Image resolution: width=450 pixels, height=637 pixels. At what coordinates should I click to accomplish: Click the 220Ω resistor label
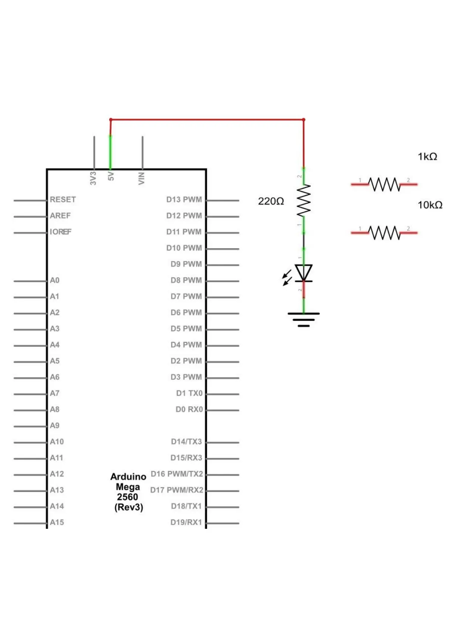(271, 201)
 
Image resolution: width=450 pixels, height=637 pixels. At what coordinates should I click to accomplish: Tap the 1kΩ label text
(427, 157)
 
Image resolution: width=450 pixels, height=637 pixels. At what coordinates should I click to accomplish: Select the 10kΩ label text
(430, 205)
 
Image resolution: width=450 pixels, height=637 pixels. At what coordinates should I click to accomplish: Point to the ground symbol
(303, 319)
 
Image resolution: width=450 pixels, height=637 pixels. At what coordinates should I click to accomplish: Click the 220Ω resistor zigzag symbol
(303, 200)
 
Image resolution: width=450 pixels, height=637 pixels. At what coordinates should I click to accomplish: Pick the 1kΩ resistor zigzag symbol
(384, 184)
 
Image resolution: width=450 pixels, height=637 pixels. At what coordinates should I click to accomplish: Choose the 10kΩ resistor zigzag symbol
(384, 233)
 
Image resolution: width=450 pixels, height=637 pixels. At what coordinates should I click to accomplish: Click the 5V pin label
(111, 176)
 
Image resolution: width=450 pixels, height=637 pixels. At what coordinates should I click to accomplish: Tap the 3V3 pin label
(93, 178)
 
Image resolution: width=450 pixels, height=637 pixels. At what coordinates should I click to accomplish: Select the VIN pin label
(142, 178)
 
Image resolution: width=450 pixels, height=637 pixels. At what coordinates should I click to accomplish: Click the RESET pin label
(63, 200)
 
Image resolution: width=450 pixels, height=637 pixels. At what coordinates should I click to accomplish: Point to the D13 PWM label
(184, 200)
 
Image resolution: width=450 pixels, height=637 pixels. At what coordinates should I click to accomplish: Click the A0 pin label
(55, 280)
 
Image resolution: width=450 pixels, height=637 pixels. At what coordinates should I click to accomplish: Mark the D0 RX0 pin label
(189, 409)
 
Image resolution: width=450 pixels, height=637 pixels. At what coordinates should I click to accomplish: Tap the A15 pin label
(57, 522)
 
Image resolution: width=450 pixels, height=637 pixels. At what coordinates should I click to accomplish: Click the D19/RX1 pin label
(186, 522)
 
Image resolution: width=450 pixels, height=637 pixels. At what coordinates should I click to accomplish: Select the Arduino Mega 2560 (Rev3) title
(128, 492)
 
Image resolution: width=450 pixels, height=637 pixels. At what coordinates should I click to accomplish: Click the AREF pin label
(60, 216)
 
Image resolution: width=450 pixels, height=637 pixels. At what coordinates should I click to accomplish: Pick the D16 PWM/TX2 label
(177, 474)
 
